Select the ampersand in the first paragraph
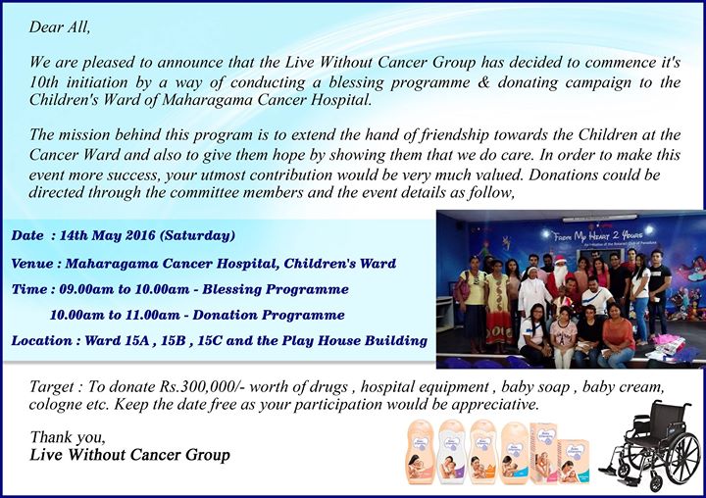pyautogui.click(x=483, y=82)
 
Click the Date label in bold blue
pyautogui.click(x=27, y=235)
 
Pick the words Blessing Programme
pyautogui.click(x=276, y=289)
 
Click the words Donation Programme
pyautogui.click(x=269, y=316)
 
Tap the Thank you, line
pyautogui.click(x=68, y=437)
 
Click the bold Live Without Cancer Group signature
pyautogui.click(x=129, y=455)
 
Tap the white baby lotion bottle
pyautogui.click(x=451, y=451)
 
